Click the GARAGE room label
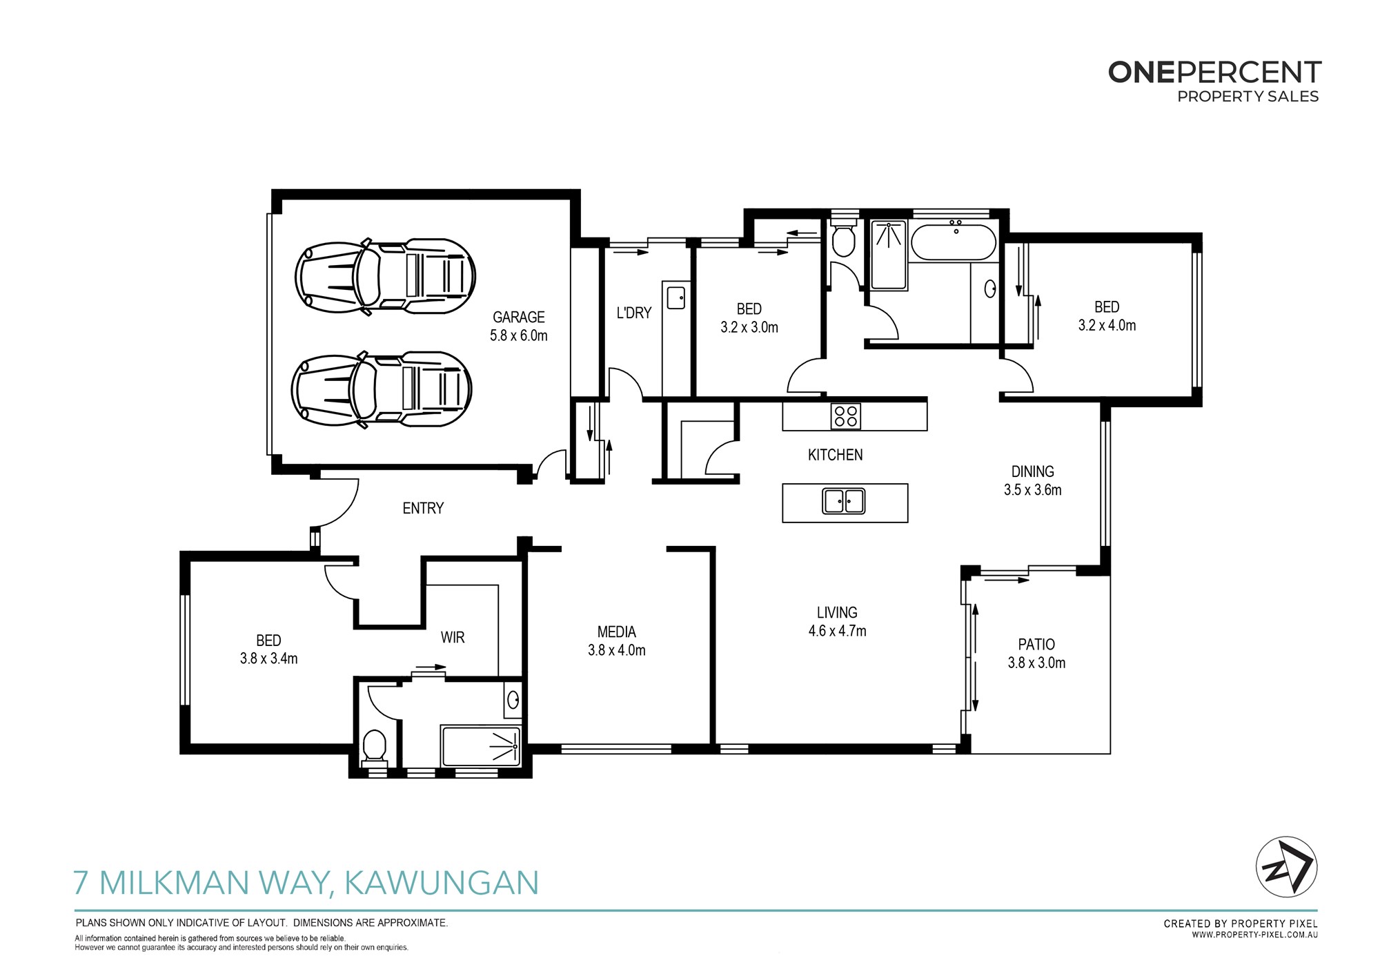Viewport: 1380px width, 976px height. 518,318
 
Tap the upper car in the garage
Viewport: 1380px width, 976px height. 385,276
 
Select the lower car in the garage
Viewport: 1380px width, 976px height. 382,389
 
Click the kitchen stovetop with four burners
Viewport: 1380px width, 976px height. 846,416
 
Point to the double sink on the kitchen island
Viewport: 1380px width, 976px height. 844,501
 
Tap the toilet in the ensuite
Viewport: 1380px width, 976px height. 375,746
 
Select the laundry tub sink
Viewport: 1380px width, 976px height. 676,297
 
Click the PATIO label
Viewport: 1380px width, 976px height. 1036,645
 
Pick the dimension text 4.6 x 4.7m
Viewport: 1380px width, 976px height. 837,631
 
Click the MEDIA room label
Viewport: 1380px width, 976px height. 617,632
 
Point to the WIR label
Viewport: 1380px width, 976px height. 453,638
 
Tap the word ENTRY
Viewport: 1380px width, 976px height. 423,509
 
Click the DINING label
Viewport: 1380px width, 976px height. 1033,472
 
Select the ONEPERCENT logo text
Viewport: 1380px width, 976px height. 1214,72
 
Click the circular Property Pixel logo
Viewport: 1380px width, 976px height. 1286,867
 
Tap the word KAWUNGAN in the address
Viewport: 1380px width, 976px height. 441,883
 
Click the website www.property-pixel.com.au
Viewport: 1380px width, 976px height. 1255,935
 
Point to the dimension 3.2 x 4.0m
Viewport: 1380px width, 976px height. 1107,326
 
